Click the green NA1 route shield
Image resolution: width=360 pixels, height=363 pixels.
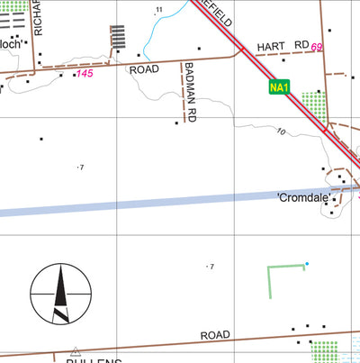pyautogui.click(x=279, y=86)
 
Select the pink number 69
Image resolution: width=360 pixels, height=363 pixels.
pyautogui.click(x=317, y=46)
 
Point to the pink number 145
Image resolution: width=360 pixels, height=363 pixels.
pyautogui.click(x=85, y=72)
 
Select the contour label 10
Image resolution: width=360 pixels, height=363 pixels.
pyautogui.click(x=281, y=132)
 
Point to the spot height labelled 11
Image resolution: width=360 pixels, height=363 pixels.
pyautogui.click(x=160, y=10)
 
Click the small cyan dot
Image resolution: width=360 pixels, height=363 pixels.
pyautogui.click(x=306, y=264)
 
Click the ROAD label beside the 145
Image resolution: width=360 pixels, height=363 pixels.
pyautogui.click(x=144, y=68)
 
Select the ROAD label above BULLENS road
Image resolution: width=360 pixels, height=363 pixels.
pyautogui.click(x=216, y=335)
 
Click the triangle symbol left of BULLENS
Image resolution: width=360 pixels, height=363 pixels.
pyautogui.click(x=76, y=351)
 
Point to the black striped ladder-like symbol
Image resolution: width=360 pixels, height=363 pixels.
pyautogui.click(x=117, y=38)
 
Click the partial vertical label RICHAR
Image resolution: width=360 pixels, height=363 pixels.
pyautogui.click(x=37, y=15)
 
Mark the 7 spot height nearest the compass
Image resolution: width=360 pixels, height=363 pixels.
pyautogui.click(x=81, y=167)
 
